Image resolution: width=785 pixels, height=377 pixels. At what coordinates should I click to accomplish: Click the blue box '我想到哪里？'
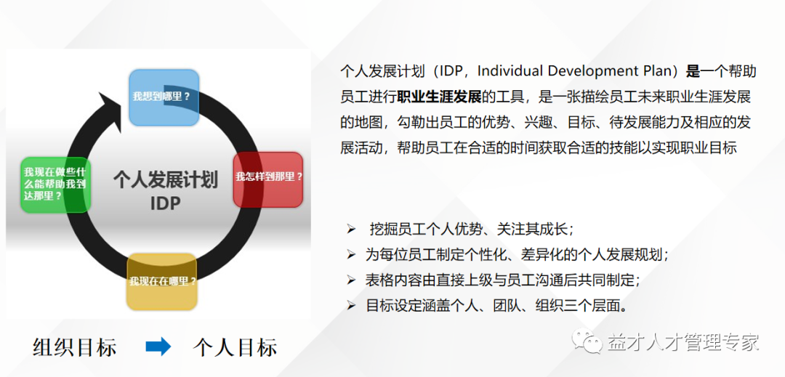pyautogui.click(x=164, y=97)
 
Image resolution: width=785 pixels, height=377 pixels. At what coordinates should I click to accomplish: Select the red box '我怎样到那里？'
pyautogui.click(x=268, y=178)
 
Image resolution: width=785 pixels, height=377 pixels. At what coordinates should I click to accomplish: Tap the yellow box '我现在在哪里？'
pyautogui.click(x=162, y=281)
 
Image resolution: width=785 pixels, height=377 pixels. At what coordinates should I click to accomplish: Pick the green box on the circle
pyautogui.click(x=55, y=184)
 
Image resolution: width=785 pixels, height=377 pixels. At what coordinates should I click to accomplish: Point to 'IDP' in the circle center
pyautogui.click(x=165, y=203)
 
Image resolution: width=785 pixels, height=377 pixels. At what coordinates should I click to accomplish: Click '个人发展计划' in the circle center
pyautogui.click(x=165, y=179)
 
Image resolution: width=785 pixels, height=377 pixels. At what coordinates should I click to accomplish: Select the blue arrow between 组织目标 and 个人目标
pyautogui.click(x=158, y=346)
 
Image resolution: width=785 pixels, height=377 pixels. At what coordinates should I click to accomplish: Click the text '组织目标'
pyautogui.click(x=75, y=346)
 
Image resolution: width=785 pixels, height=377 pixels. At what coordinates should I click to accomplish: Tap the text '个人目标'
pyautogui.click(x=235, y=346)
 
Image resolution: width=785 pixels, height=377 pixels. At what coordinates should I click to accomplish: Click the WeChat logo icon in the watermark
pyautogui.click(x=587, y=341)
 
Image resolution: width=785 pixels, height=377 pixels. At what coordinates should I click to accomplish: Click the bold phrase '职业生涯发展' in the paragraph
pyautogui.click(x=439, y=96)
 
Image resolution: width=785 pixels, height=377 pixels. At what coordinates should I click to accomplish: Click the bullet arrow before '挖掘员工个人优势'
pyautogui.click(x=351, y=229)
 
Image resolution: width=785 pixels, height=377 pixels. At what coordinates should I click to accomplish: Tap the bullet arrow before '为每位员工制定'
pyautogui.click(x=351, y=254)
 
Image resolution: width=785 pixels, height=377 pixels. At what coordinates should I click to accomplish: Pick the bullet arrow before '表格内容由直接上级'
pyautogui.click(x=351, y=280)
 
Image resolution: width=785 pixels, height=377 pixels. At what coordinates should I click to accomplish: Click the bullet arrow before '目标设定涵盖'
pyautogui.click(x=351, y=305)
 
